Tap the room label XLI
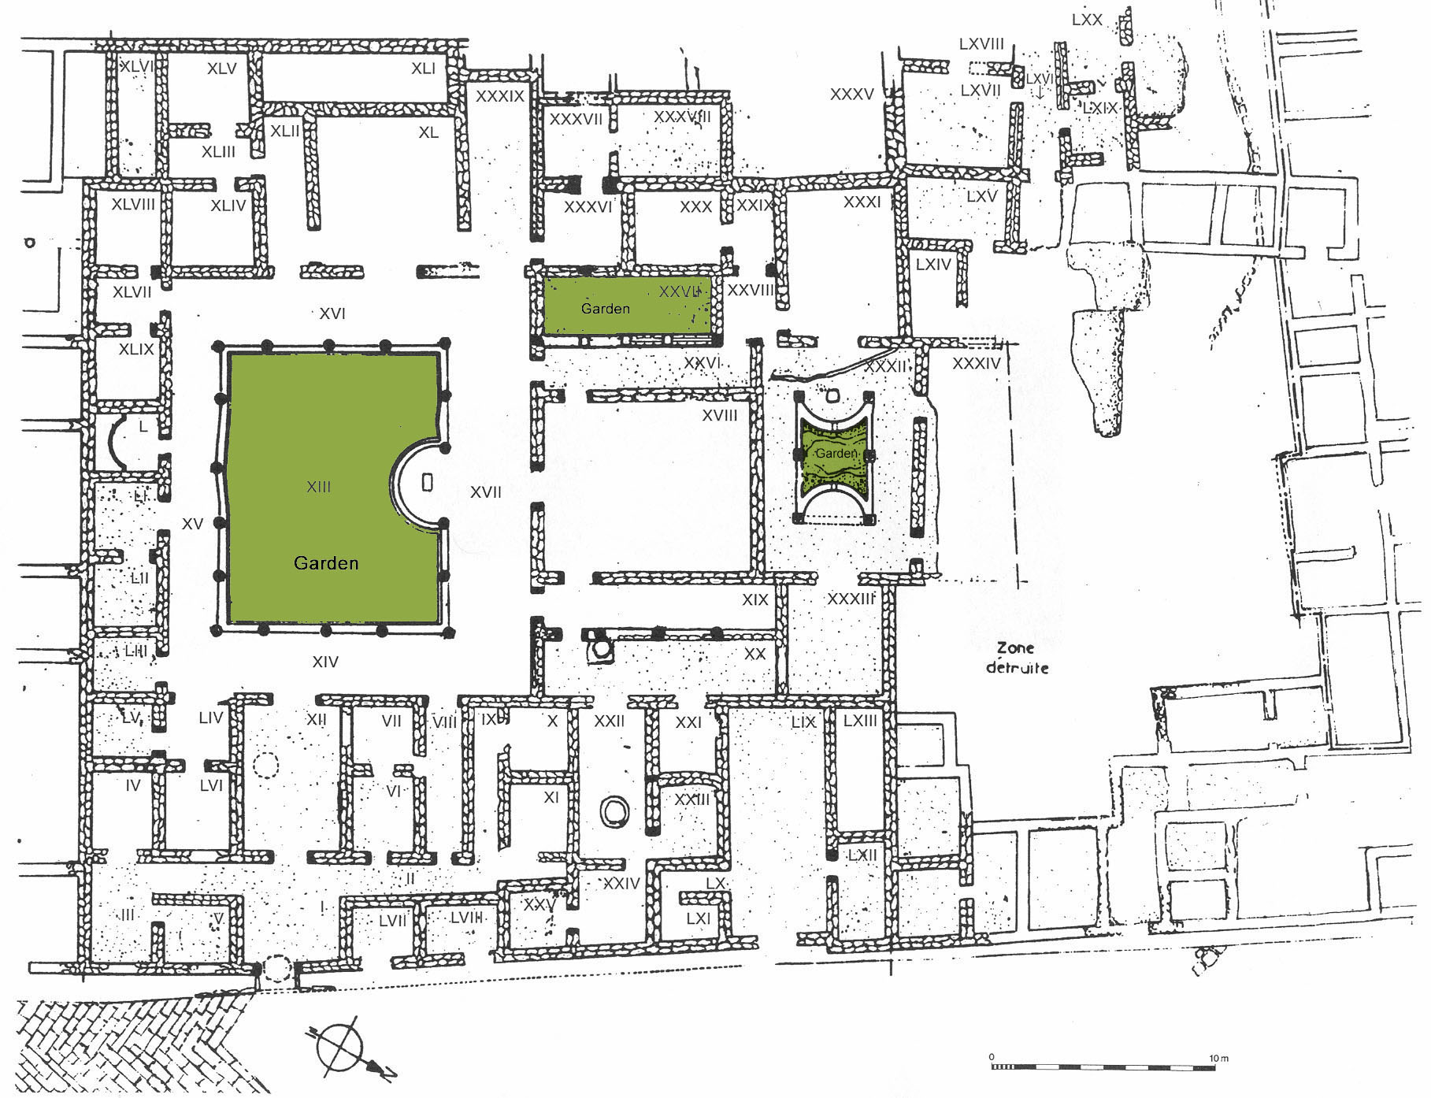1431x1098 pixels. (423, 69)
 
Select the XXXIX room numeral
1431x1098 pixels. (500, 96)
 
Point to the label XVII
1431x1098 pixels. (485, 492)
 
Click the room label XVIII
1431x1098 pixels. (720, 415)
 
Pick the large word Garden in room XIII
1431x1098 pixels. (326, 563)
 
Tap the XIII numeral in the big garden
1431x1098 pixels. (318, 487)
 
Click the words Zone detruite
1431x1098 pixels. (1017, 658)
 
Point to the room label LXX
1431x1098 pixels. (1087, 20)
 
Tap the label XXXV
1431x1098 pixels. (852, 95)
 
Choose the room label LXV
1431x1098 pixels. (981, 196)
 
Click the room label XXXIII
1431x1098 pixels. (851, 599)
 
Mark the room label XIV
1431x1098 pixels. (324, 662)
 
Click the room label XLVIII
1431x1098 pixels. (133, 204)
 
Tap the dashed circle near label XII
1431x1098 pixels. (266, 765)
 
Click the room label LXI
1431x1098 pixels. (698, 918)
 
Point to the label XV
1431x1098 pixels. (192, 524)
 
